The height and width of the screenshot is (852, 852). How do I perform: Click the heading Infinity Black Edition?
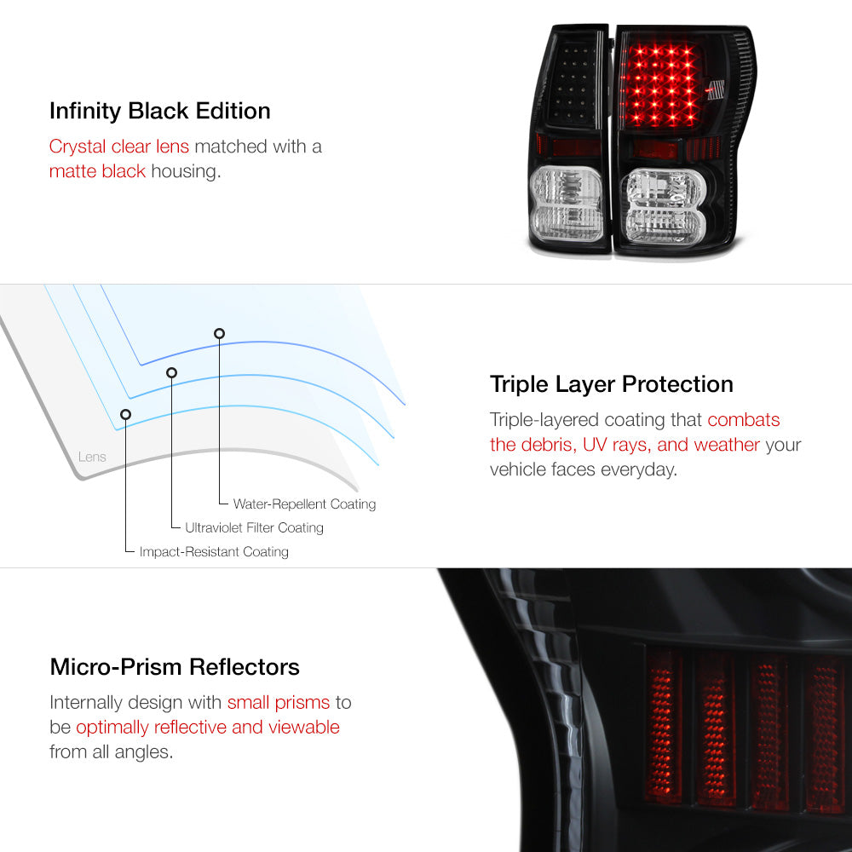click(x=160, y=111)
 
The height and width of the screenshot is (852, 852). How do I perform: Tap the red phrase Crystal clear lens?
click(x=119, y=147)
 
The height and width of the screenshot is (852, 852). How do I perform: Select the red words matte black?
click(x=97, y=171)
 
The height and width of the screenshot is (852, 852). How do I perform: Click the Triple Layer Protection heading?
click(x=611, y=384)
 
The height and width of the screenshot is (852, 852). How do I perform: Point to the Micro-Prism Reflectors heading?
click(x=175, y=667)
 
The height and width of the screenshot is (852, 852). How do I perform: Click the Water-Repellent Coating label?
click(x=304, y=504)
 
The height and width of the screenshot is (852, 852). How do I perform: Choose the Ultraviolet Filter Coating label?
click(x=254, y=527)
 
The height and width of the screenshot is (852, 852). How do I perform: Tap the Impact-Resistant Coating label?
click(x=214, y=551)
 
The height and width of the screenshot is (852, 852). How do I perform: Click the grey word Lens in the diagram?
click(x=92, y=457)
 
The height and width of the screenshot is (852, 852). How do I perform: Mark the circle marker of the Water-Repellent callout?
click(x=219, y=334)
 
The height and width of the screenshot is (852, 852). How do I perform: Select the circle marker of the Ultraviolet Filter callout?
click(x=172, y=373)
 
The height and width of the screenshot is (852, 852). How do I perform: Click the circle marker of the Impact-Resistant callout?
click(x=125, y=415)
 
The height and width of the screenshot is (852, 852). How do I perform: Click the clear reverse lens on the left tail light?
click(x=567, y=204)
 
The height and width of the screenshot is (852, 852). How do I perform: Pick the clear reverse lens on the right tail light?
click(x=665, y=206)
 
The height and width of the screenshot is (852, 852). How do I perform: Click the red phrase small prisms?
click(x=279, y=703)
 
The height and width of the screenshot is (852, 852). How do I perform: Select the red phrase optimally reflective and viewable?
click(x=208, y=727)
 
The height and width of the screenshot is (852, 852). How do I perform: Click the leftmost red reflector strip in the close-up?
click(x=663, y=725)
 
